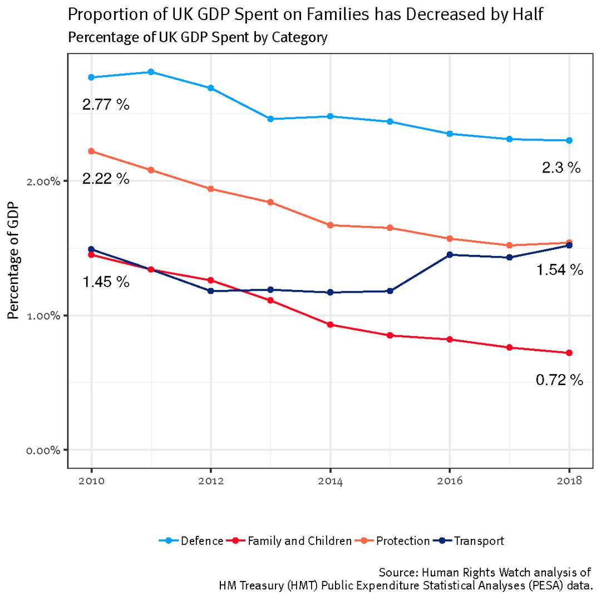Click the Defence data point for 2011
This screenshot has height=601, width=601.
(x=151, y=72)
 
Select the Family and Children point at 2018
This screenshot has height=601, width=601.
(x=569, y=353)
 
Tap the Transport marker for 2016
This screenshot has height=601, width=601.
(x=450, y=254)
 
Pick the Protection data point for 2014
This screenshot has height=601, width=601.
(x=330, y=225)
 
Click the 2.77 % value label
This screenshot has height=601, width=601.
(x=106, y=104)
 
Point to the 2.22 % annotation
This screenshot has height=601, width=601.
(x=106, y=179)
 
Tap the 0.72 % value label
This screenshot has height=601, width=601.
(x=559, y=380)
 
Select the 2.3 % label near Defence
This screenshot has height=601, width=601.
(x=561, y=168)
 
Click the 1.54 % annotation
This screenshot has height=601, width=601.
(x=559, y=270)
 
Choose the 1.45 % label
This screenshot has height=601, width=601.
(x=106, y=282)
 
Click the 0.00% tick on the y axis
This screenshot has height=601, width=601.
(x=44, y=450)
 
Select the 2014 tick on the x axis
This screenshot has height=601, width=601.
(x=330, y=481)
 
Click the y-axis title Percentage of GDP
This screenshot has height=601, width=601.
(x=13, y=260)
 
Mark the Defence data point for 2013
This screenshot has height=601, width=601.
(x=270, y=119)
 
